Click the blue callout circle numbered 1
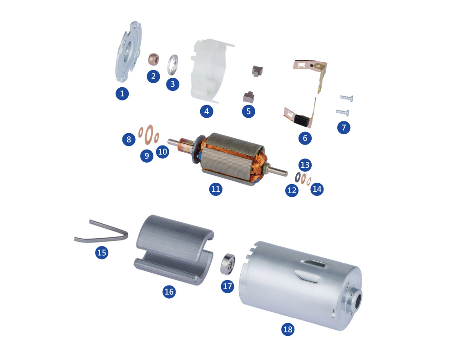coord(122,94)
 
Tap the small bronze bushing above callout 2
coord(153,59)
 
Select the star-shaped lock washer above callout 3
coord(173,65)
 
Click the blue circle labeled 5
coord(249,111)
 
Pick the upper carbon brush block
coord(257,71)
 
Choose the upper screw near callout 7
coord(346,98)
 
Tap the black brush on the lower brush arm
coord(302,120)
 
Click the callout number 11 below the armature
coord(216,189)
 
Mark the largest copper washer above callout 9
coord(149,135)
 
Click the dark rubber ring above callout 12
coord(298,177)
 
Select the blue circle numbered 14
coord(317,189)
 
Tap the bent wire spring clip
coord(101,232)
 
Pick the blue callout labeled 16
coord(169,292)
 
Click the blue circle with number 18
coord(288,329)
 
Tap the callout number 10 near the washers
coord(162,152)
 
